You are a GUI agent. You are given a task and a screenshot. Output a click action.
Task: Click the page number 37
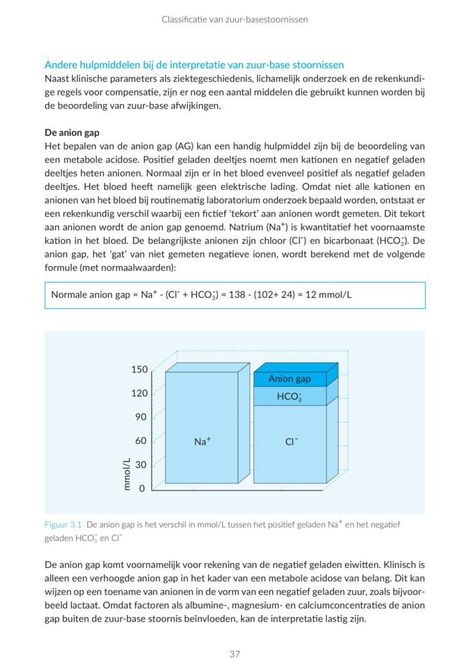coord(236,654)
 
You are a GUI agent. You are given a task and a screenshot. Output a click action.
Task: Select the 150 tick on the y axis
coord(139,370)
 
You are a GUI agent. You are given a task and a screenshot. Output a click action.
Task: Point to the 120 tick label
coord(139,393)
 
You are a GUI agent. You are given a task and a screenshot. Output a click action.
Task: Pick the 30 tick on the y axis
coord(142,465)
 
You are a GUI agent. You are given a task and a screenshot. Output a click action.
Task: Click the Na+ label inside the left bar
coord(202,442)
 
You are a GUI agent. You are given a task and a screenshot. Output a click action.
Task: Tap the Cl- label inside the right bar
coord(292,442)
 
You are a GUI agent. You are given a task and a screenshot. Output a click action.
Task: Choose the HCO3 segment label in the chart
coord(289,397)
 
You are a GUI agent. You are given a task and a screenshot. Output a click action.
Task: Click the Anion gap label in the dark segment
coord(289,379)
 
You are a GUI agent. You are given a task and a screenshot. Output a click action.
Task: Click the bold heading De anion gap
coord(71,133)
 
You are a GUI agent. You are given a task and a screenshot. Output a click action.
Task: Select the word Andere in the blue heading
coord(60,65)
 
